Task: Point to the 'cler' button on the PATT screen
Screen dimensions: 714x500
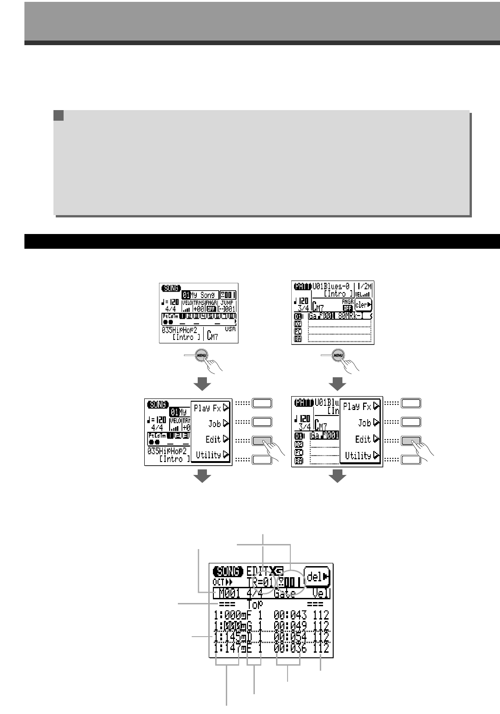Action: tap(363, 304)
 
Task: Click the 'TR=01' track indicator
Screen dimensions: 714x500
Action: tap(260, 583)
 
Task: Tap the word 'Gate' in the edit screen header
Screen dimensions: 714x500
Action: tap(285, 593)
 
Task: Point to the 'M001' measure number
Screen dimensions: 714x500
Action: tap(229, 593)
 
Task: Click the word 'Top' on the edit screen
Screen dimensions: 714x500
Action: tap(255, 604)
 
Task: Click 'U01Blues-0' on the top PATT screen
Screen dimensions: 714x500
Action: tap(331, 286)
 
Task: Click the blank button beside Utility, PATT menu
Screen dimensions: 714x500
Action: tap(411, 459)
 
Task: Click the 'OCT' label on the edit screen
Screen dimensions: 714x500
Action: tap(218, 582)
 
